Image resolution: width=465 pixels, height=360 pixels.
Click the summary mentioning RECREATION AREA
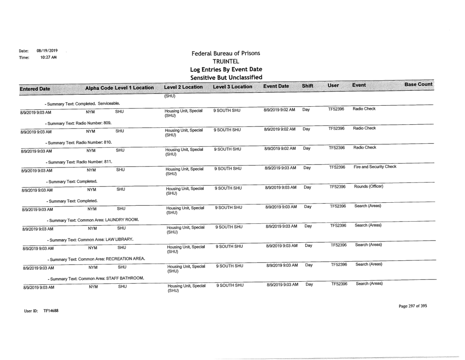coord(92,259)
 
